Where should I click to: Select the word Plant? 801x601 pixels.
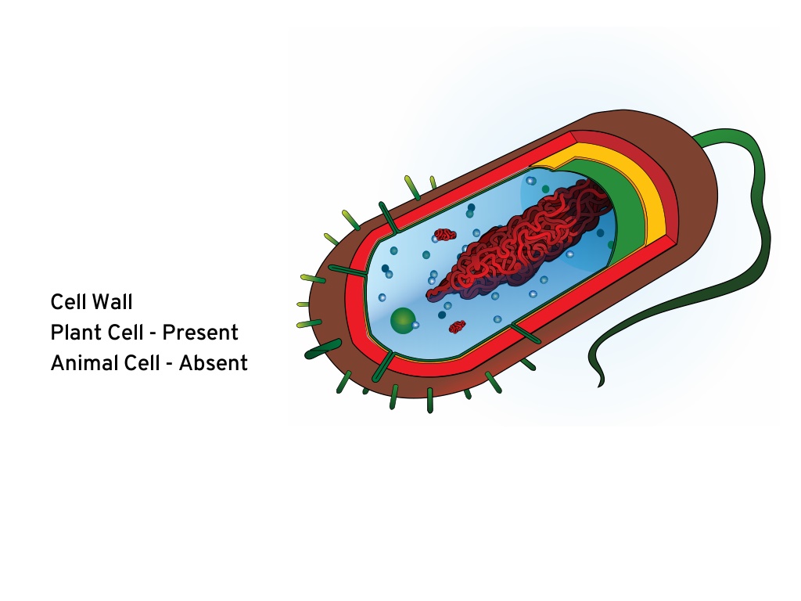click(71, 333)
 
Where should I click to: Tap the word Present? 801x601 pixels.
click(200, 333)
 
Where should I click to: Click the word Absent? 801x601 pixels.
click(214, 363)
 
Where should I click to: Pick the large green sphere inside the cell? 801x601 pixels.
click(403, 320)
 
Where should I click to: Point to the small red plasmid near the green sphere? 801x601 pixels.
click(457, 326)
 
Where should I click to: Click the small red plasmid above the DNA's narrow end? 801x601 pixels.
click(445, 235)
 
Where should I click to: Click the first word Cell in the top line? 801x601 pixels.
click(68, 302)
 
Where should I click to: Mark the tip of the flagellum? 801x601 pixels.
click(601, 387)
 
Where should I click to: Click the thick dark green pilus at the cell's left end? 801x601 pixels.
click(323, 348)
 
